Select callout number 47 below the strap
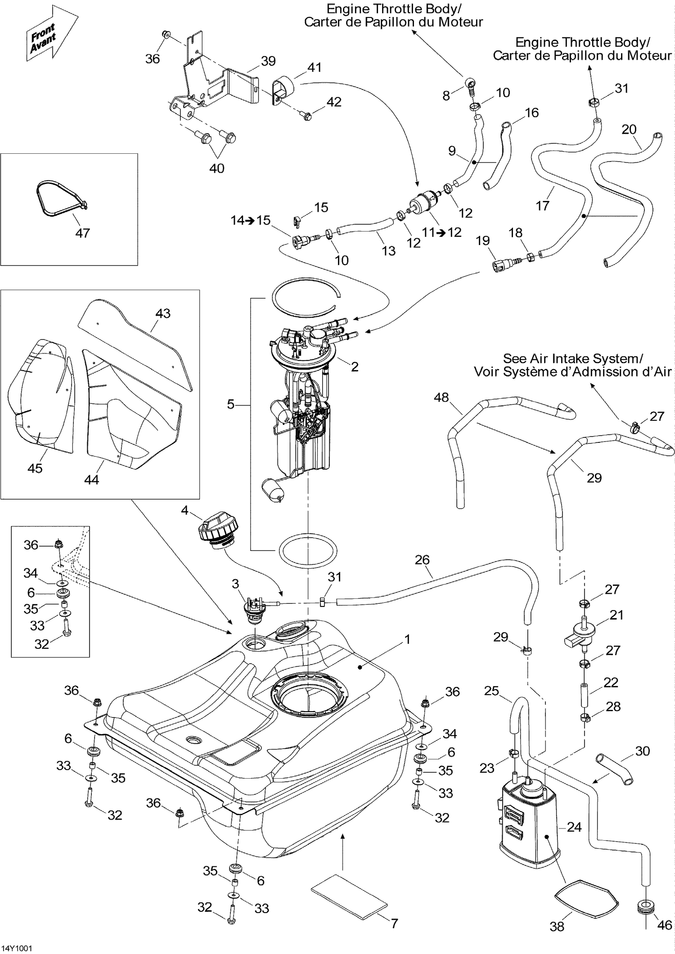82,233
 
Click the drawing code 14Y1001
17,948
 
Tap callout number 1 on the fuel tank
407,639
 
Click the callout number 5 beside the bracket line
231,404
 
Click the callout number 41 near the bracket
314,67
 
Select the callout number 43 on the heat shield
162,313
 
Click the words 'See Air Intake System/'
572,358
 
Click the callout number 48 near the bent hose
441,397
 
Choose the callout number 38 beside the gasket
557,926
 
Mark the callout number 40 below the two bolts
217,168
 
